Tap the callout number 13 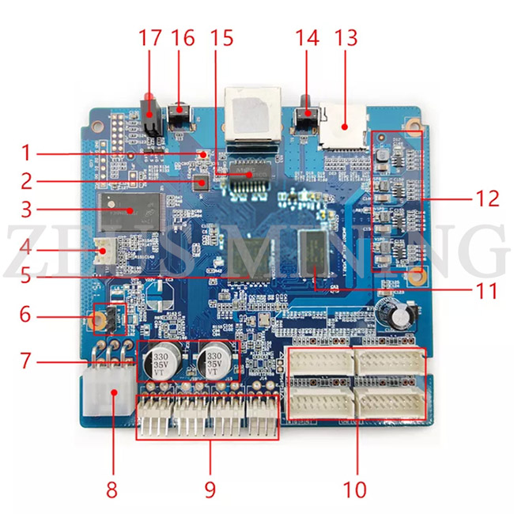coord(346,37)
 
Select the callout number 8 coord(111,489)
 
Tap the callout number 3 coord(25,210)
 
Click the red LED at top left coord(148,100)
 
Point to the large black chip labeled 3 coord(127,210)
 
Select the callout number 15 coord(223,37)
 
